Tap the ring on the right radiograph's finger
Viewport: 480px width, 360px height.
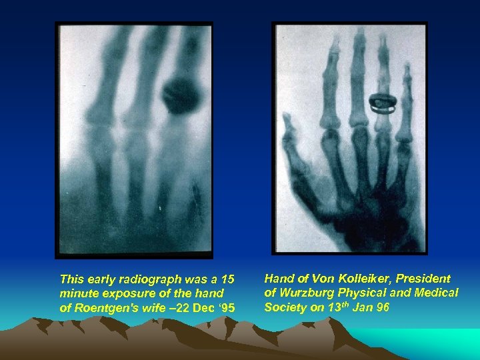383,101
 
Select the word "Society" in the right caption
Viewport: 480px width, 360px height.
284,307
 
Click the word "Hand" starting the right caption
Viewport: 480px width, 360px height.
278,278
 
